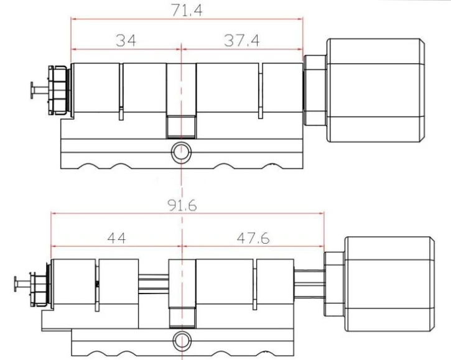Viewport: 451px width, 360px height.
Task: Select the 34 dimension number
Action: [x=126, y=40]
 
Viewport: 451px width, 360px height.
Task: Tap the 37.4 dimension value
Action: [x=242, y=40]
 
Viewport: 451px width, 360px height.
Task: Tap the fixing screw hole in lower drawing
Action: [x=181, y=339]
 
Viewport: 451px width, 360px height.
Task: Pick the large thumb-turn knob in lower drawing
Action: [x=389, y=284]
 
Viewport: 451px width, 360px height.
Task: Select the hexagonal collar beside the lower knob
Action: [x=333, y=284]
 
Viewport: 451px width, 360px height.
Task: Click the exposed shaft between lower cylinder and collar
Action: [x=308, y=284]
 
